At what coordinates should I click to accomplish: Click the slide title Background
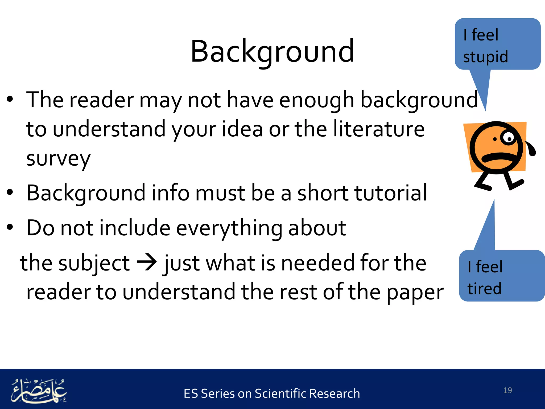click(x=272, y=51)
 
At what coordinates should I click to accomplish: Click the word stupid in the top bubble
click(x=485, y=57)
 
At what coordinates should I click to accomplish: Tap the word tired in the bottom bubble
click(x=484, y=289)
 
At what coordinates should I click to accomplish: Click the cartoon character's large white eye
click(x=508, y=138)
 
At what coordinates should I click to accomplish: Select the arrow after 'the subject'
click(x=147, y=262)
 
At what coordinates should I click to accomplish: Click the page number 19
click(x=507, y=390)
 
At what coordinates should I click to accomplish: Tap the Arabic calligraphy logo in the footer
click(x=39, y=390)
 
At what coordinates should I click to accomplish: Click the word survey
click(x=58, y=159)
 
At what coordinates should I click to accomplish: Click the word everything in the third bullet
click(x=229, y=228)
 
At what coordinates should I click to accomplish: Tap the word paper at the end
click(x=415, y=292)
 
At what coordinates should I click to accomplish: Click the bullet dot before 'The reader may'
click(x=10, y=99)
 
